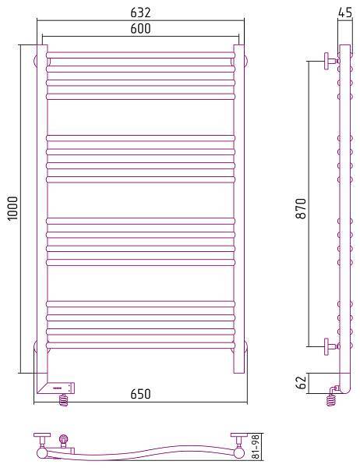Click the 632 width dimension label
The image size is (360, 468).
pos(140,12)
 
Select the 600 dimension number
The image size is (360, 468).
pos(140,28)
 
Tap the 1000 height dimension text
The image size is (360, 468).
pos(13,208)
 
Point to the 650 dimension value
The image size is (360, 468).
pos(140,394)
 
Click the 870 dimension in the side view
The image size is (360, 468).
pos(302,208)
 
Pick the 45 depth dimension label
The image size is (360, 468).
pos(345,12)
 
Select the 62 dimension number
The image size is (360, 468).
pos(302,382)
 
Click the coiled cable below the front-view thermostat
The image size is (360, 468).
pos(64,400)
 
